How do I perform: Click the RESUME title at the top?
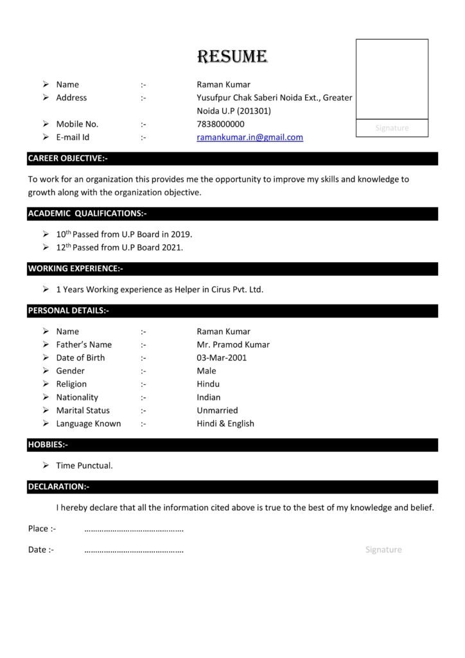(232, 57)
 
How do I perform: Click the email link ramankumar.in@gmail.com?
(250, 138)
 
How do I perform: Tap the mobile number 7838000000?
(220, 124)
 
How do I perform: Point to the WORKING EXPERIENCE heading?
(75, 269)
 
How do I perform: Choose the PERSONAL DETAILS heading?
(68, 311)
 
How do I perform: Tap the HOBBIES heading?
(48, 445)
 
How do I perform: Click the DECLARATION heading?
(58, 487)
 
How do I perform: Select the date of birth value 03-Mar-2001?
(222, 358)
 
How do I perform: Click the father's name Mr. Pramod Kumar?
(233, 344)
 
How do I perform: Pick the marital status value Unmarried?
(217, 411)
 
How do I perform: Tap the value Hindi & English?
(225, 423)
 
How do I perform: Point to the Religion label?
(71, 384)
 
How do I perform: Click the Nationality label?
(77, 397)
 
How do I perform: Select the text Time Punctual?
(84, 465)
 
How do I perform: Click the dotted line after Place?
(134, 529)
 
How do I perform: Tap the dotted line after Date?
(134, 551)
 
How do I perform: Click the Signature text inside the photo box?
(392, 129)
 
